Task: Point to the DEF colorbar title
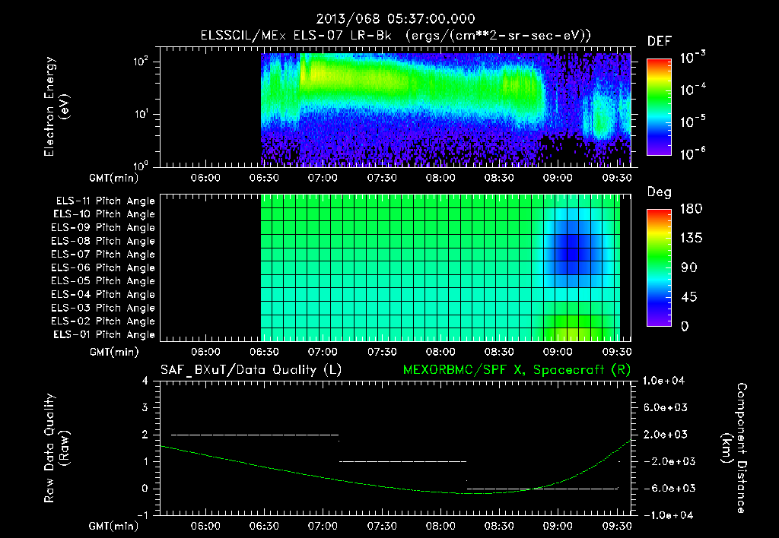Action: tap(659, 41)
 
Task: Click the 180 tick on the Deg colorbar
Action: tap(685, 209)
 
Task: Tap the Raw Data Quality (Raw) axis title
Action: tap(58, 448)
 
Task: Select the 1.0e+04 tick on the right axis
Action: tap(665, 381)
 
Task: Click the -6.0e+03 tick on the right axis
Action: tap(665, 488)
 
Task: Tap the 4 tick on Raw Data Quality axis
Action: tap(145, 381)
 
